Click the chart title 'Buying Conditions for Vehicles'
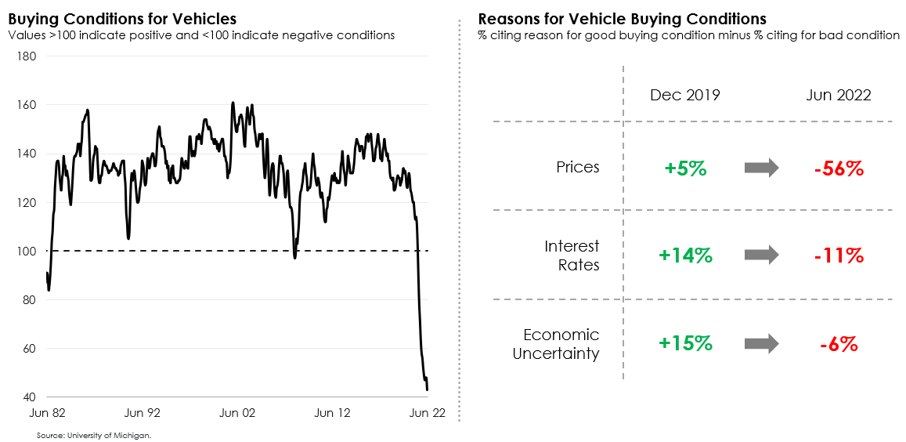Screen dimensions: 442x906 point(122,18)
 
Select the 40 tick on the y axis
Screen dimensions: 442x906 point(29,397)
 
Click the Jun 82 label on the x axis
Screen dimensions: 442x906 point(49,413)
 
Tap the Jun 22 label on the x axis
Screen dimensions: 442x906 point(428,413)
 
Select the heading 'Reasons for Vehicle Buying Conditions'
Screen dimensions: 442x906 point(622,18)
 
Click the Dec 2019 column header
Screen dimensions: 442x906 point(685,96)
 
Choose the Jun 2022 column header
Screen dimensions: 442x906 point(839,96)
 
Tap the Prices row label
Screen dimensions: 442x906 point(578,167)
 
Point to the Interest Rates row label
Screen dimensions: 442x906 point(572,255)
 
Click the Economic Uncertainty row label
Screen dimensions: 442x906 point(556,344)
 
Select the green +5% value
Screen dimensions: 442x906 point(685,168)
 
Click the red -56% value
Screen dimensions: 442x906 point(839,168)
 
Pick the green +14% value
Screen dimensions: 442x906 point(685,255)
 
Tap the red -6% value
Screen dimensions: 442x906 point(839,344)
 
